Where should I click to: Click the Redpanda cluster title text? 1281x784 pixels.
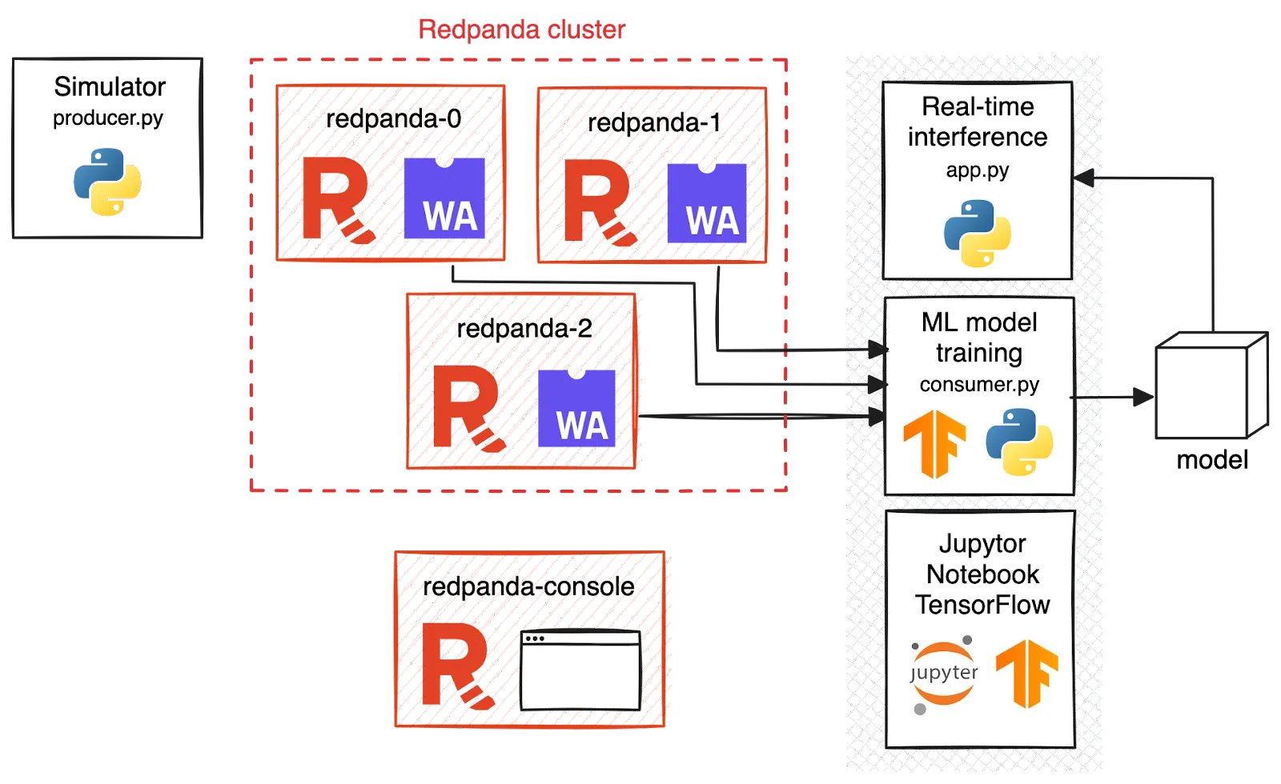[521, 30]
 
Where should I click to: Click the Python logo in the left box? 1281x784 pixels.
[106, 182]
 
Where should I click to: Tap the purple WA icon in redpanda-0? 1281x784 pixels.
[445, 198]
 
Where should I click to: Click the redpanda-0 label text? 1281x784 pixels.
[394, 119]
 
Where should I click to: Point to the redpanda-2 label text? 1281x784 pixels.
[524, 328]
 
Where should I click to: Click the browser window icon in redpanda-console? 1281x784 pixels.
[580, 670]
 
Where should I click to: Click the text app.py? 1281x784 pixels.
[977, 170]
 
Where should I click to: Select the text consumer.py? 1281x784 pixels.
[979, 385]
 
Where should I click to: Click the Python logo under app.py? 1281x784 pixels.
[977, 233]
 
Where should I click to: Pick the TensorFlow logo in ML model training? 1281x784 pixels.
[934, 443]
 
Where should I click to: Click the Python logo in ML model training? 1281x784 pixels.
[1018, 442]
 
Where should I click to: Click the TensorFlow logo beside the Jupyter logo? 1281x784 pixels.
[1026, 674]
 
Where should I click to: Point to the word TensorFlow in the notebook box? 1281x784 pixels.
[982, 605]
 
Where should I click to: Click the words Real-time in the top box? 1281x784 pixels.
[978, 106]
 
